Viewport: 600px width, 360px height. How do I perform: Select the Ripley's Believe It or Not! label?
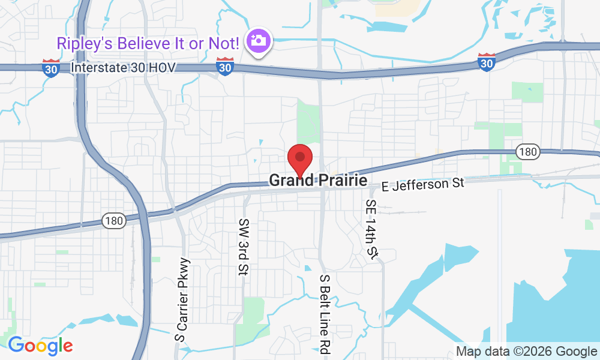(x=148, y=43)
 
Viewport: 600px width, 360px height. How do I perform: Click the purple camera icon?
(x=260, y=41)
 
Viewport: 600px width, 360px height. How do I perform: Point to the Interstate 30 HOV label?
(x=123, y=68)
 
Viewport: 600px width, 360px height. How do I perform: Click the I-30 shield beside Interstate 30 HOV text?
(x=51, y=68)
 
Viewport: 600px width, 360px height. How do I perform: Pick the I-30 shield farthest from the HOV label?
(x=487, y=62)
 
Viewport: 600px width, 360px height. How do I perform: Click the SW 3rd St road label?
(x=244, y=247)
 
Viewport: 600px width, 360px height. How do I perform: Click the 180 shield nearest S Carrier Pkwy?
(x=113, y=220)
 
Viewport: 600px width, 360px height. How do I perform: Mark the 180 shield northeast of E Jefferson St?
(x=527, y=152)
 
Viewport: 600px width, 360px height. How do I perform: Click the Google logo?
(x=40, y=346)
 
